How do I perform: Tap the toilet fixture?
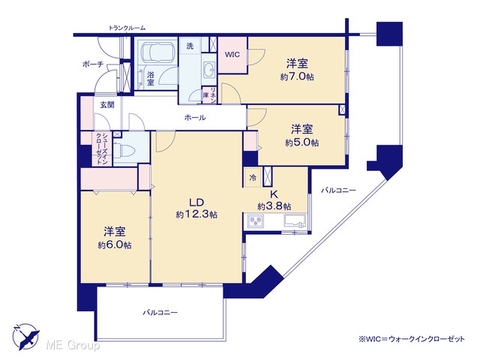126,150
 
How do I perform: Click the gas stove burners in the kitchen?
256,220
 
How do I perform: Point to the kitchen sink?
295,220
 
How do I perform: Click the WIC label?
232,55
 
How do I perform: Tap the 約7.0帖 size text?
297,76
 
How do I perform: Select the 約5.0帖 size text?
301,142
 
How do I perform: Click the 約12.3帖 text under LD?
196,214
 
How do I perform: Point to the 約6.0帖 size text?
115,245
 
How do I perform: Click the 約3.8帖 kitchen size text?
274,206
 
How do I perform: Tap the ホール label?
195,117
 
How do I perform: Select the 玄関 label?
107,105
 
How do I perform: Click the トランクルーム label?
127,28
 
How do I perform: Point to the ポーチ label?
93,64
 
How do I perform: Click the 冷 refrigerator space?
253,177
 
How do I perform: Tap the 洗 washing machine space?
190,46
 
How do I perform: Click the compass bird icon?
26,337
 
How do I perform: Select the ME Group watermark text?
73,346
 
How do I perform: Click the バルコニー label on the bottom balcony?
160,313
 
